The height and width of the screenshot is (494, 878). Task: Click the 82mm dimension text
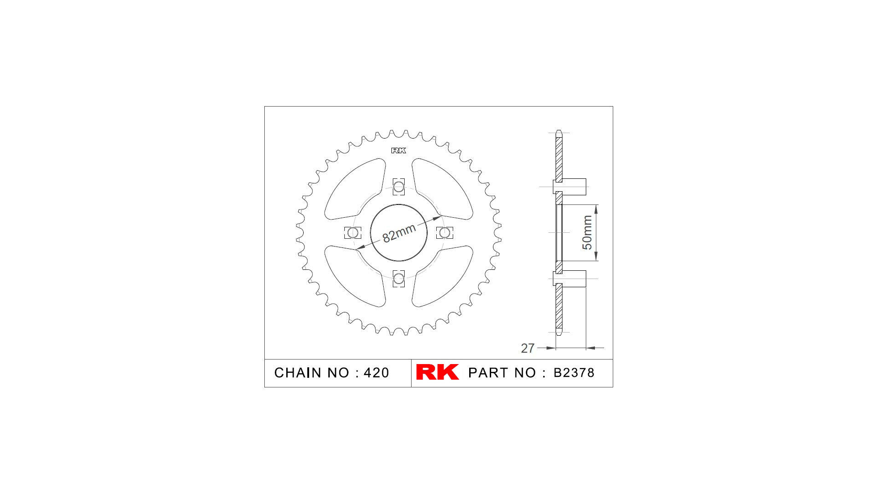[x=399, y=233]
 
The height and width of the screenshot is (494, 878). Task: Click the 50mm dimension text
[x=587, y=232]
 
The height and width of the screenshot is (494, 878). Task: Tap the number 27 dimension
[x=527, y=349]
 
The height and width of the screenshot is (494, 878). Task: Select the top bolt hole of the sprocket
[x=399, y=187]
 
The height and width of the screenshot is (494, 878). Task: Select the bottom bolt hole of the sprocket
[x=399, y=279]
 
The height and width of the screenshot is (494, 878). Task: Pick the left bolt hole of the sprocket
[x=353, y=233]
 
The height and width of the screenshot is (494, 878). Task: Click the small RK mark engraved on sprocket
[x=398, y=150]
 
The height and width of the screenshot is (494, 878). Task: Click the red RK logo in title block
[x=437, y=372]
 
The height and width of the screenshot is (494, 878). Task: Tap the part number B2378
[x=574, y=373]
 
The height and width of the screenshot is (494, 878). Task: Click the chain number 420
[x=376, y=373]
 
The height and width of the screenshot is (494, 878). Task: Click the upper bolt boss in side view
[x=572, y=187]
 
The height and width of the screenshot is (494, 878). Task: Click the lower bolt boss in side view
[x=572, y=279]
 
